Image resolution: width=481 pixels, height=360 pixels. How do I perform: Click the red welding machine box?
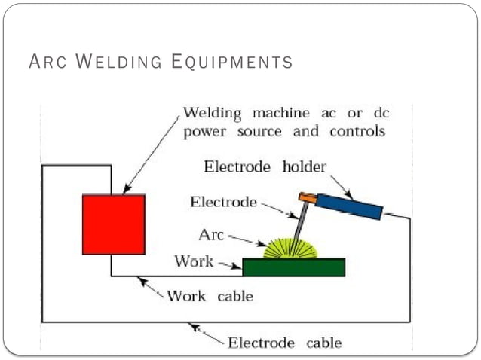[113, 224]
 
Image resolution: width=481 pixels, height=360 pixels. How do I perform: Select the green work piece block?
[293, 267]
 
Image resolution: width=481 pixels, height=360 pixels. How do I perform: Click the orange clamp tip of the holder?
[306, 198]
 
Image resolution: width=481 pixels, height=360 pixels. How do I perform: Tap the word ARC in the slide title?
[45, 63]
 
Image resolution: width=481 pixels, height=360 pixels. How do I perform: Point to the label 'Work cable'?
[210, 296]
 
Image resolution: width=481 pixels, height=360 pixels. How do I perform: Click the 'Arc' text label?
[211, 235]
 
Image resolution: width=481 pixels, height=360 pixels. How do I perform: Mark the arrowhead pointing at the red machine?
[127, 189]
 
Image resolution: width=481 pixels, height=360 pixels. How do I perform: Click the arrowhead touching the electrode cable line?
[193, 326]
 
